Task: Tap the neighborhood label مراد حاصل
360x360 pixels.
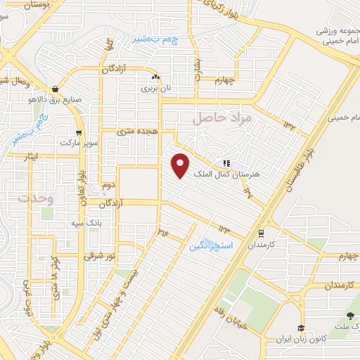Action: point(221,118)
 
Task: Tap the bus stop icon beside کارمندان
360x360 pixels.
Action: point(262,233)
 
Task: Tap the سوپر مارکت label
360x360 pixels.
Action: point(76,143)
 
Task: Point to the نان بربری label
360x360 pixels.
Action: point(154,89)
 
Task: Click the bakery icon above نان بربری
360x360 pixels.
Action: point(154,77)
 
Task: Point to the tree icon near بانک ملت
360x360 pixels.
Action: point(351,317)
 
